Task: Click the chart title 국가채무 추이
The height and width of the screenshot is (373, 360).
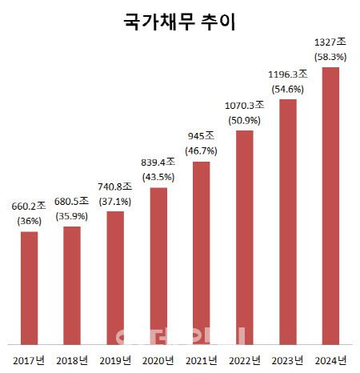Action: [179, 22]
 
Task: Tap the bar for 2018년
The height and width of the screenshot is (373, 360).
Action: [72, 284]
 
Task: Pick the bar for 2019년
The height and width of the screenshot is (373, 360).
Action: [115, 276]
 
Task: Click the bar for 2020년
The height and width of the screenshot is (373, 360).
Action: [158, 264]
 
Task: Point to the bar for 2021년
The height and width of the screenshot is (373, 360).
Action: [202, 251]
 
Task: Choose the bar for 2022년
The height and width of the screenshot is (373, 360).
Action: [245, 235]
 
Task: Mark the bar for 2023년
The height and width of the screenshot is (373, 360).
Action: [288, 220]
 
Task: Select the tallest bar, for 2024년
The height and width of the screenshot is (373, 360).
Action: [330, 204]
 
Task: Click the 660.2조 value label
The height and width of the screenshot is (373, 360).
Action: [30, 207]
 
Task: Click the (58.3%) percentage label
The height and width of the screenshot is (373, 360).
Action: [331, 57]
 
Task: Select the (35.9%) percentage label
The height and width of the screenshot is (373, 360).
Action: [72, 215]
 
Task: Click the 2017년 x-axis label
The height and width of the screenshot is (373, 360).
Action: [30, 360]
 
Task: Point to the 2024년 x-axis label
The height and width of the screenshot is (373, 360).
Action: [330, 360]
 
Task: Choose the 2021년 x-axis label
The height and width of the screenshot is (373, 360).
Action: [202, 360]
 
